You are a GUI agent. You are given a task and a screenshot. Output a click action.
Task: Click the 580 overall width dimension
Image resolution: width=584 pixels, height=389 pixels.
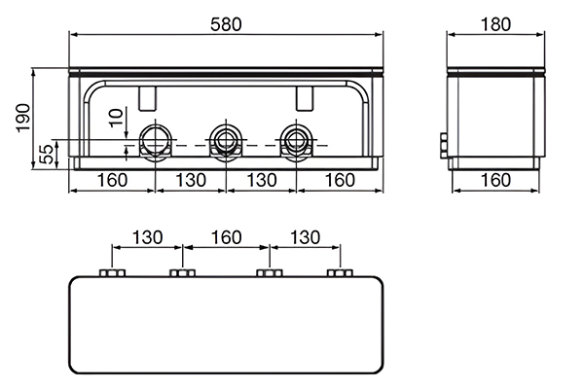point(226,24)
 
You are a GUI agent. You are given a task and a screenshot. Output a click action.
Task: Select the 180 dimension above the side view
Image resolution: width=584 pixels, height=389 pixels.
point(495,24)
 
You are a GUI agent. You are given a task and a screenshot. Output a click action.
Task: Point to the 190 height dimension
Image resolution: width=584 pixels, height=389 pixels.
point(23,118)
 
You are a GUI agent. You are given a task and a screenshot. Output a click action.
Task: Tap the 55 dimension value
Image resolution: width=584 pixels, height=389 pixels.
point(46,155)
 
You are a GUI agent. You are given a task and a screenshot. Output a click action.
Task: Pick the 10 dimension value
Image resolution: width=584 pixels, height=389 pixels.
point(116,118)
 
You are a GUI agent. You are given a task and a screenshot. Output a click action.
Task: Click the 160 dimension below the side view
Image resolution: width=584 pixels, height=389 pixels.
point(495,180)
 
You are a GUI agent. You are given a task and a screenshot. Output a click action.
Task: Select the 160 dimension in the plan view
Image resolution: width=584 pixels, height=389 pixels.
point(226,237)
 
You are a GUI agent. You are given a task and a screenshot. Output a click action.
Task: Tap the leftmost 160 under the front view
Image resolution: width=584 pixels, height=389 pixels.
point(112,180)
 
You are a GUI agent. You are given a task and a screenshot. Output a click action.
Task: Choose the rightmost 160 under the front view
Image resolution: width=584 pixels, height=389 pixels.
point(340,180)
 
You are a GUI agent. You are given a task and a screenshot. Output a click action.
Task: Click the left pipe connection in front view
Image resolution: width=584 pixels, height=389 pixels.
point(156,142)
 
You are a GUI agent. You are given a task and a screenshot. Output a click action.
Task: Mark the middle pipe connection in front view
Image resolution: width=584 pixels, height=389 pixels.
point(226,142)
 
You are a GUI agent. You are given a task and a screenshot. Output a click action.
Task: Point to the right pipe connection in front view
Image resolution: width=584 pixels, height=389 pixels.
point(297,142)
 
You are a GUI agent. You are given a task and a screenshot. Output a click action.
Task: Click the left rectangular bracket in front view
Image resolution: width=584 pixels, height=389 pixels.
point(148,98)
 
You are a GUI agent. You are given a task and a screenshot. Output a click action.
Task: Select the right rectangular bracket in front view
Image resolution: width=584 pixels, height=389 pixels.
point(305,98)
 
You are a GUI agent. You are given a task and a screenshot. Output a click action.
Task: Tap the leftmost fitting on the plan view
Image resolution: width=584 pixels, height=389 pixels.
point(112,273)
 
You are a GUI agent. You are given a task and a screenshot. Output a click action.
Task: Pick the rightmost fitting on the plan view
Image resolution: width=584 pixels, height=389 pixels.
point(340,273)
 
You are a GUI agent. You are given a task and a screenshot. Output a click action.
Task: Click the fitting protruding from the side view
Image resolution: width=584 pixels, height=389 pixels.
point(444,146)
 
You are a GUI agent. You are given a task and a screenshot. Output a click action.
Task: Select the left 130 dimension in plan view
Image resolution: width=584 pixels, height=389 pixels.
point(148,237)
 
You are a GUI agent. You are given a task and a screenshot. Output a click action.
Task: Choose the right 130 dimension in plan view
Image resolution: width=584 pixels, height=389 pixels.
point(305,237)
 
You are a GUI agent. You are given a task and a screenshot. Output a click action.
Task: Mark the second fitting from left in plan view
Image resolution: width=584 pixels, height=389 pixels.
point(183,273)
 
